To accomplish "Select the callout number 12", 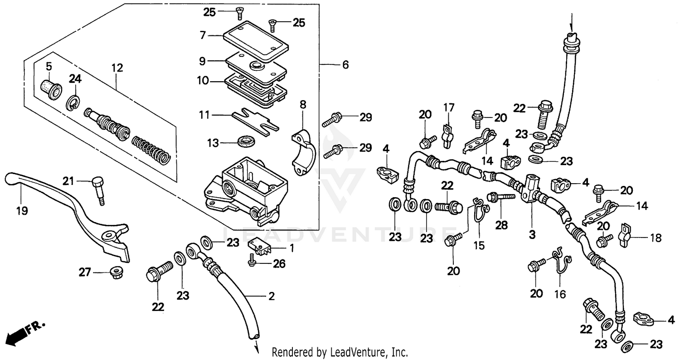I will click(117, 68).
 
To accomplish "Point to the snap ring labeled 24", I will click(73, 103).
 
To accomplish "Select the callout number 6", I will click(345, 65).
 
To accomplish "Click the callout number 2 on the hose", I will click(271, 297).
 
